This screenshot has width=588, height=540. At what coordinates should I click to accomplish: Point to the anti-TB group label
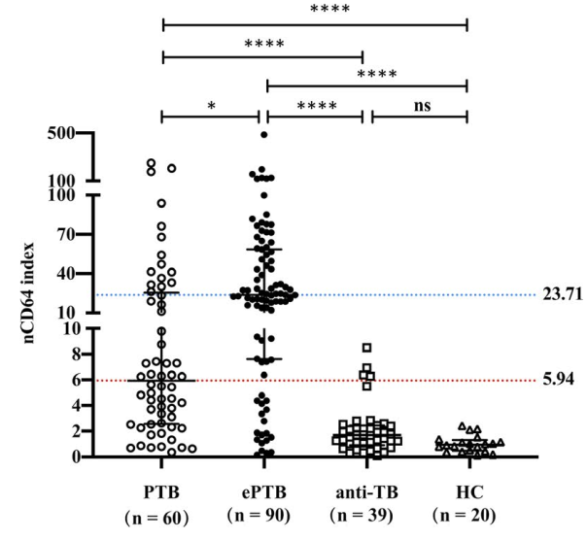point(365,484)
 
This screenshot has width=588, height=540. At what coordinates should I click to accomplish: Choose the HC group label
point(467,484)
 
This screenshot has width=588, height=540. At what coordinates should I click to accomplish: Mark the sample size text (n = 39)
point(365,510)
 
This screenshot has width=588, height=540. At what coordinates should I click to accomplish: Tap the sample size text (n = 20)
point(467,510)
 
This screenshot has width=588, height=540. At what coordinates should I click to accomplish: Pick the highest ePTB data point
point(263,135)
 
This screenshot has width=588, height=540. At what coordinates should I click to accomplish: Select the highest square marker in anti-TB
point(366,347)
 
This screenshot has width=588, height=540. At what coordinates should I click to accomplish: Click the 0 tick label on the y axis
point(69,456)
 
